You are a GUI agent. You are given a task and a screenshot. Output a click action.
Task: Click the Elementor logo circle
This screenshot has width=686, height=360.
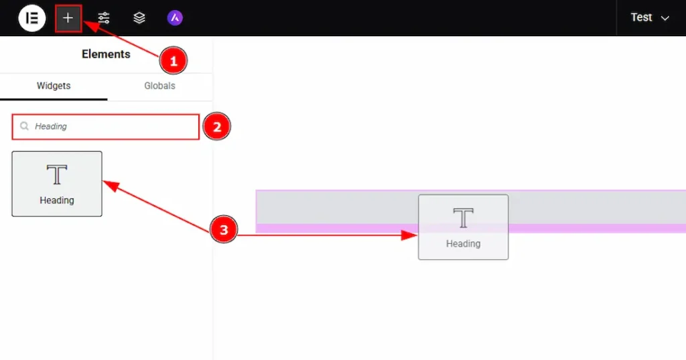(x=32, y=18)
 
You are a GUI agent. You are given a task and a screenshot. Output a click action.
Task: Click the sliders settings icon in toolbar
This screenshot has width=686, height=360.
(x=104, y=18)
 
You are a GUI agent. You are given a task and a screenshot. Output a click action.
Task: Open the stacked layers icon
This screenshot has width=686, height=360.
(x=139, y=18)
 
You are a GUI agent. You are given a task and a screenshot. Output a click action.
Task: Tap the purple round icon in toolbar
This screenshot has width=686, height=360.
(x=175, y=18)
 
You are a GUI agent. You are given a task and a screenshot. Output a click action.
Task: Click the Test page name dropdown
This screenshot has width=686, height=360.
(x=650, y=17)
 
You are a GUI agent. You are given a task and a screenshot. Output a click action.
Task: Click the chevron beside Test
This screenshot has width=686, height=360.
(x=665, y=18)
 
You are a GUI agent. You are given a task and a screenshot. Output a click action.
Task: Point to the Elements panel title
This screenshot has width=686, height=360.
(x=106, y=54)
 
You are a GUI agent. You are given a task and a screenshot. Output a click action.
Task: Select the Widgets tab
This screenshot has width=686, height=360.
(x=54, y=86)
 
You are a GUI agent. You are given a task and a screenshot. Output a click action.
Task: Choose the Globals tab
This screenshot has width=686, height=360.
(x=159, y=86)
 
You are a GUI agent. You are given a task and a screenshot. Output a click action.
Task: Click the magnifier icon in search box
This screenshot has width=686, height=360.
(x=25, y=126)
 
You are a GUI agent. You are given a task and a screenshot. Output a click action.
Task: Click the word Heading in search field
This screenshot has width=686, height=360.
(x=51, y=127)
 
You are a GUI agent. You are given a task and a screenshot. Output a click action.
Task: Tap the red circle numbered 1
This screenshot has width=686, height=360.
(x=174, y=60)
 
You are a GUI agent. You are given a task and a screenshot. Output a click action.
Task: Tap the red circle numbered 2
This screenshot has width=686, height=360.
(x=216, y=127)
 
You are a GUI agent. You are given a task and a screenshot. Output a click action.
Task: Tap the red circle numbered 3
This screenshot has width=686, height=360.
(x=224, y=229)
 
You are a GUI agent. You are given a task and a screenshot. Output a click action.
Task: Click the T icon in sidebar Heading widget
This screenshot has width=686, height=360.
(x=57, y=175)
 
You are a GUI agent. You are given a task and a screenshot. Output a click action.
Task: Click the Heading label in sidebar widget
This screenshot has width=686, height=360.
(x=57, y=200)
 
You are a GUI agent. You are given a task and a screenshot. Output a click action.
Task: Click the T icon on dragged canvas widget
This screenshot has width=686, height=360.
(x=464, y=218)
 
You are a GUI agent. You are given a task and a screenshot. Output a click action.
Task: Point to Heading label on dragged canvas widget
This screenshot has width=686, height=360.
(x=464, y=243)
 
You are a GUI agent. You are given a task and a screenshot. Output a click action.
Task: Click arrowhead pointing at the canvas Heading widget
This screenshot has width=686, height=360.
(x=409, y=235)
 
